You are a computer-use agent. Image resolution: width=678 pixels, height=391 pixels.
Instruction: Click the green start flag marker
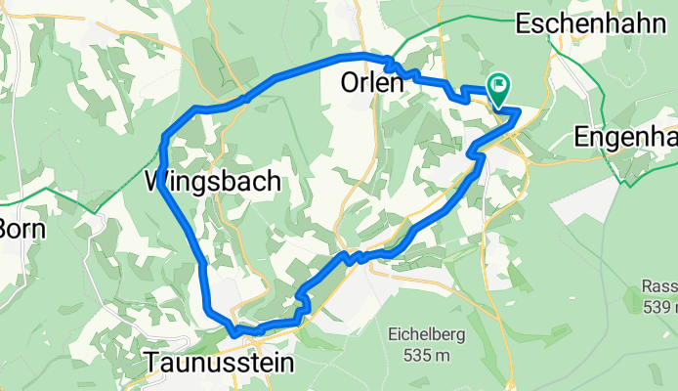coord(499,88)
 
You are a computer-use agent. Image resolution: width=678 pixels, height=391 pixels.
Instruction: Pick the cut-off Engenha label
coord(625,133)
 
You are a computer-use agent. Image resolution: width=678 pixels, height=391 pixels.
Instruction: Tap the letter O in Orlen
coord(350,84)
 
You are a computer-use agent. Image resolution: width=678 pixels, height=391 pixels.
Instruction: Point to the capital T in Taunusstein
coord(153,363)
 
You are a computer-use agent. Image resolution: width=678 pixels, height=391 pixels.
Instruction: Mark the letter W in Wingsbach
coord(158,181)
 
